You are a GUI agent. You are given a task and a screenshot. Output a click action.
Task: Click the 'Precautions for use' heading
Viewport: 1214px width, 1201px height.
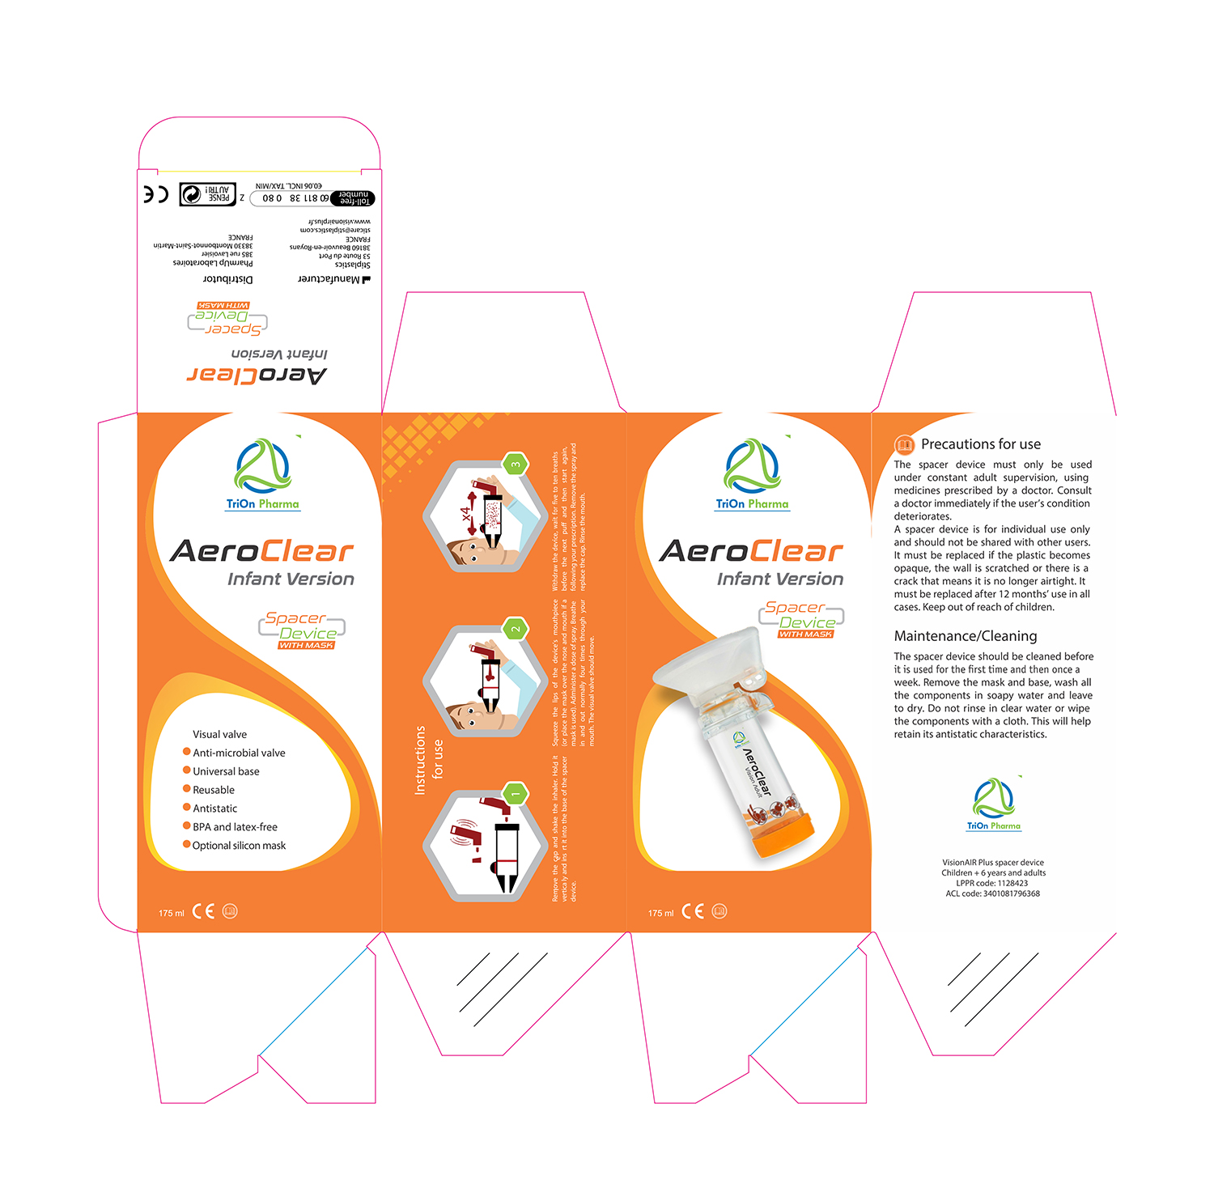click(980, 444)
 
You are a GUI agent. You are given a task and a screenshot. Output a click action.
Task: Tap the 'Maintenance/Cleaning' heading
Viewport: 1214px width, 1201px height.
click(965, 636)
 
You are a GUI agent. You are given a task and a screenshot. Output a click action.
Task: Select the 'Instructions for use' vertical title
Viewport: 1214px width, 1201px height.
click(428, 760)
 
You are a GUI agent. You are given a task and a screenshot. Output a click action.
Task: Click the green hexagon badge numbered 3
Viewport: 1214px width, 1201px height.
click(515, 465)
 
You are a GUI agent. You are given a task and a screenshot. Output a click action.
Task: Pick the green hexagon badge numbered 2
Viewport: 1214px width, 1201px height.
click(515, 629)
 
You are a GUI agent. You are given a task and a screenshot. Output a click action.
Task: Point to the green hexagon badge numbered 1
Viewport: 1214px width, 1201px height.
click(515, 794)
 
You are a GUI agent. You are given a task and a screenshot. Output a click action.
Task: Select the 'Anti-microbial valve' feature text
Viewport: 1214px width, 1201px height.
click(239, 753)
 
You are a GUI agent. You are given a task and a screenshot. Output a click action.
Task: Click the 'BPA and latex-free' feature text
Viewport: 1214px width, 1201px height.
click(235, 827)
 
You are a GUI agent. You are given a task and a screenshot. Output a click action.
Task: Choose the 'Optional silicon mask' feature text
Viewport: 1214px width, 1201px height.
click(239, 846)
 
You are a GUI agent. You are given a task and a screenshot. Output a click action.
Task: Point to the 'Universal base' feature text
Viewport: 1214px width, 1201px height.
click(226, 771)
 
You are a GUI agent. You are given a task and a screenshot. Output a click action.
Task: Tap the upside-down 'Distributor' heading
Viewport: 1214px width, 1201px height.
click(227, 279)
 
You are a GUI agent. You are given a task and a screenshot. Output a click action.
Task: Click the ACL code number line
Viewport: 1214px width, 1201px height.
click(992, 894)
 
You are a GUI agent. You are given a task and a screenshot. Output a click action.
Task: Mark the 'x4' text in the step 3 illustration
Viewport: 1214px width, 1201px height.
click(467, 514)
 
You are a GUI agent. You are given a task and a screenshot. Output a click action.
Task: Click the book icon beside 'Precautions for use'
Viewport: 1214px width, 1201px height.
click(904, 445)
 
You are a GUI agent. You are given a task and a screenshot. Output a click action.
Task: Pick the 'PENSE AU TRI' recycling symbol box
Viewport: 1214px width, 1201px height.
click(207, 194)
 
